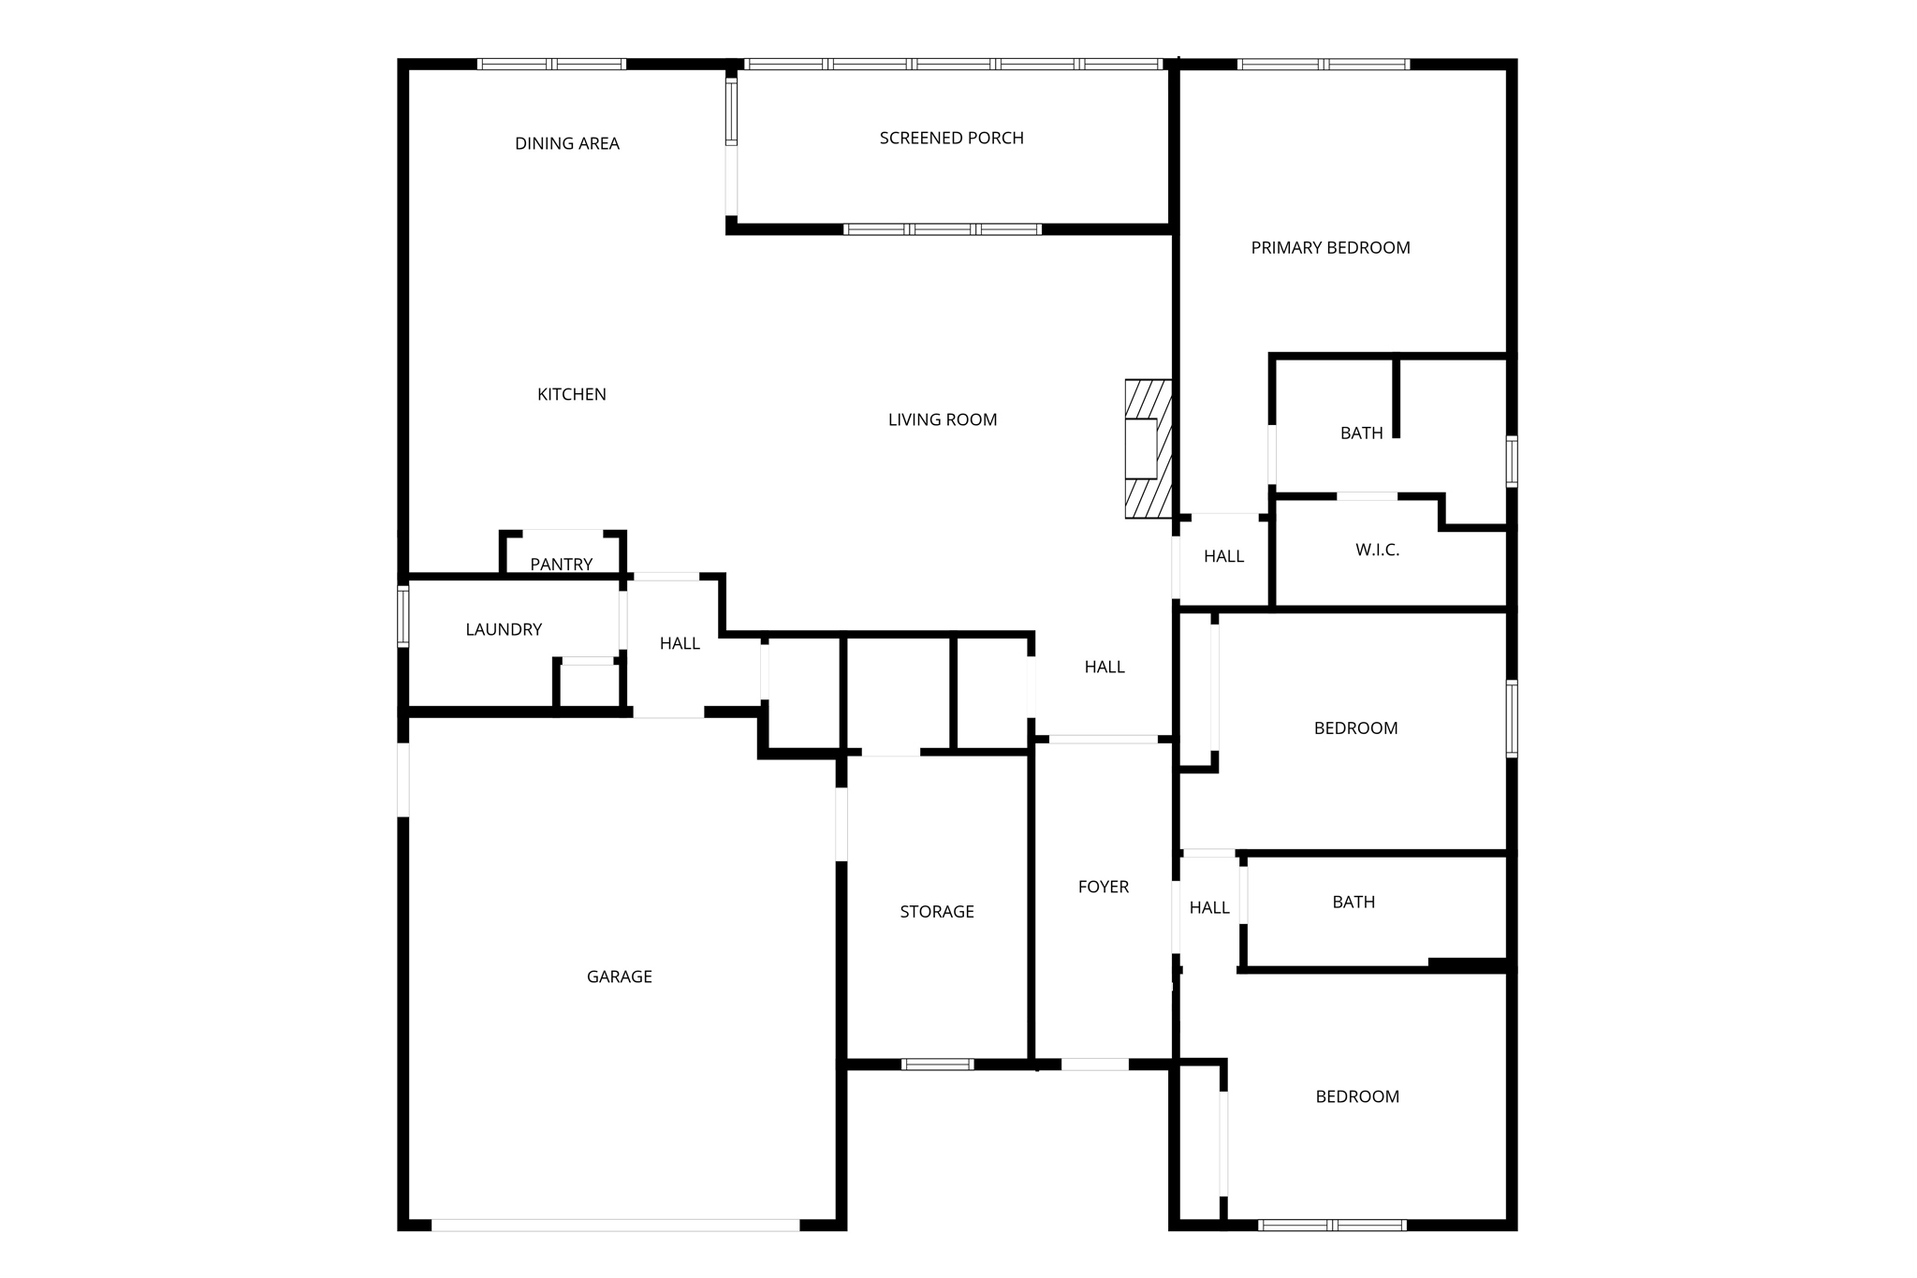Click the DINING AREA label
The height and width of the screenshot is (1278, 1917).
pos(567,143)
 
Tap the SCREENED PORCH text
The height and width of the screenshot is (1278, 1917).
pos(951,138)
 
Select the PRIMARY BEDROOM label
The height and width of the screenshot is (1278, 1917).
pos(1330,247)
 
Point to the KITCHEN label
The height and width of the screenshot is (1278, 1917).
pos(571,394)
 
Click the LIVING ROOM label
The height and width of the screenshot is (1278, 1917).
pos(943,419)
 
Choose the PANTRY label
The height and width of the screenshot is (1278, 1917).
pos(562,564)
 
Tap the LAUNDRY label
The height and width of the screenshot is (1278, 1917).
pos(504,629)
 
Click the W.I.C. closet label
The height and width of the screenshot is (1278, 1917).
pos(1377,550)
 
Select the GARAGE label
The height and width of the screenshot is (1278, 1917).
pos(619,977)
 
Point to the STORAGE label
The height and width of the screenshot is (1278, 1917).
pos(937,911)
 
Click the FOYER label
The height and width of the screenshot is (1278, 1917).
pos(1104,886)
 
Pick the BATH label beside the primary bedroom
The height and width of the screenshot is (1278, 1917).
pos(1361,433)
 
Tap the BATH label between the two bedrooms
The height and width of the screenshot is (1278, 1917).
pos(1354,902)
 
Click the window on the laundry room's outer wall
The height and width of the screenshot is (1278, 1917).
pos(403,616)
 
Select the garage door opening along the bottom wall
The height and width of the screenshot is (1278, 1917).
pos(615,1225)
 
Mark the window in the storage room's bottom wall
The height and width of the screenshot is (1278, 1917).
pos(937,1064)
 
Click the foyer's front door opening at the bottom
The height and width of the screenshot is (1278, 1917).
pos(1094,1064)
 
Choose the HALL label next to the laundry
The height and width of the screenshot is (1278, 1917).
pos(680,643)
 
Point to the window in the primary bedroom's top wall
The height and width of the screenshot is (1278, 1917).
pos(1323,65)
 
